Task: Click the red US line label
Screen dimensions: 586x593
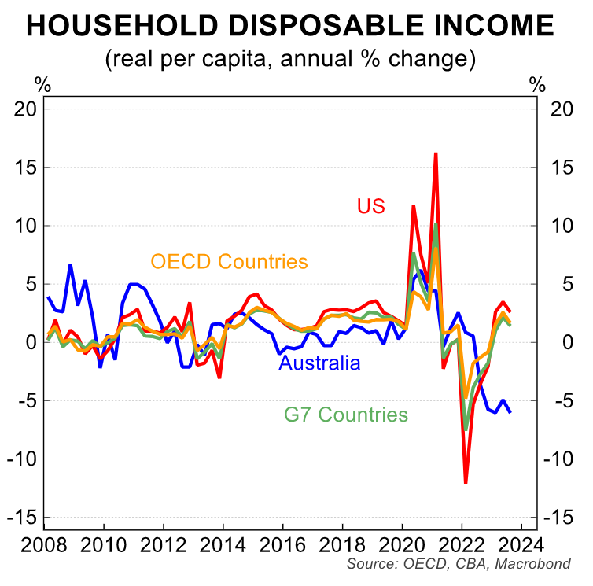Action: pyautogui.click(x=370, y=206)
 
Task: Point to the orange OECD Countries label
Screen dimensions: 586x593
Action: pyautogui.click(x=229, y=261)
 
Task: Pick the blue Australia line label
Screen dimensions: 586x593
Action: pyautogui.click(x=320, y=363)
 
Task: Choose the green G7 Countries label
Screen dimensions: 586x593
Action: pyautogui.click(x=346, y=414)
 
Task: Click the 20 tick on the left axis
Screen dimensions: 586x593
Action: pyautogui.click(x=26, y=109)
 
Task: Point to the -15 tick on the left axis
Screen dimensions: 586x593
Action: pyautogui.click(x=22, y=517)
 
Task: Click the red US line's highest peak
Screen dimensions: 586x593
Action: pyautogui.click(x=435, y=154)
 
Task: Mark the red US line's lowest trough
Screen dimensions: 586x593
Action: pyautogui.click(x=466, y=481)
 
